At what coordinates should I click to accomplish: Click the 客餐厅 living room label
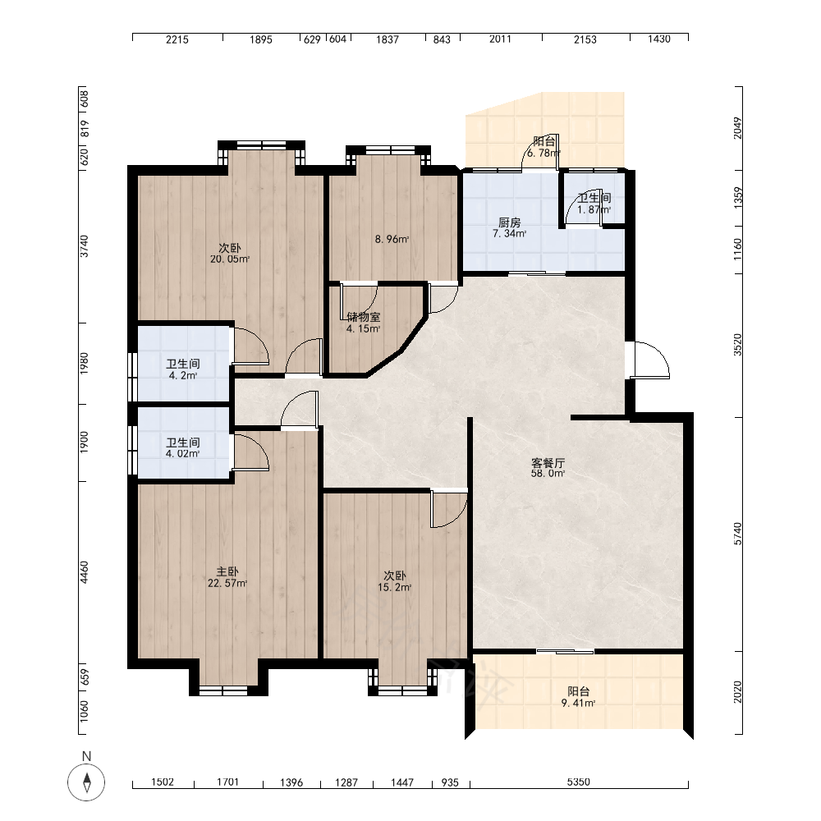tap(548, 463)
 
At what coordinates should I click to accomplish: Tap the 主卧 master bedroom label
tap(227, 571)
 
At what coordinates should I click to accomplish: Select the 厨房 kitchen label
tap(510, 222)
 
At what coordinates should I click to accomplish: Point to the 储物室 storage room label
tap(364, 317)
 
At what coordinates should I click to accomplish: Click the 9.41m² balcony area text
tap(578, 704)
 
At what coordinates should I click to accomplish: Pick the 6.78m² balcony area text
tap(544, 153)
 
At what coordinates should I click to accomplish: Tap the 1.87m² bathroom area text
tap(594, 209)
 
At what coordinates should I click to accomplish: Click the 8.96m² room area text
tap(392, 239)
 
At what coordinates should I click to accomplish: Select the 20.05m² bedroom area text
tap(230, 259)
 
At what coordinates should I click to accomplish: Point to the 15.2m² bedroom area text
tap(395, 588)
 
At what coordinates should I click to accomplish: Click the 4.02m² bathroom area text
tap(183, 453)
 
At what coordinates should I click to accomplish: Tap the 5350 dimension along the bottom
tap(578, 782)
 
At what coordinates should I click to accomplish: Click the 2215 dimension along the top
tap(177, 39)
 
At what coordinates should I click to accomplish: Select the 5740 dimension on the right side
tap(738, 534)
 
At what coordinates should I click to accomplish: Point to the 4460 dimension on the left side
tap(85, 572)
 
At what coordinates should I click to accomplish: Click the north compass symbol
tap(86, 782)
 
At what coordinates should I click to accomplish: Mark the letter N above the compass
tap(86, 756)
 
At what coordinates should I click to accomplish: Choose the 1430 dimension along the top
tap(658, 39)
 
